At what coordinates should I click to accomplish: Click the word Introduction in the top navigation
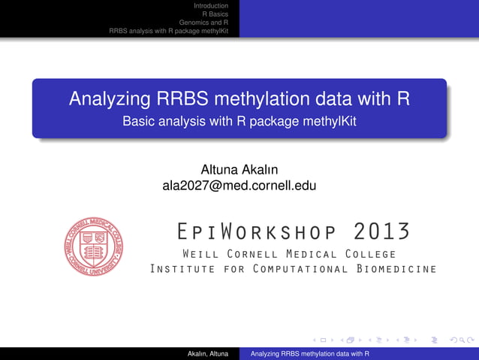tap(211, 6)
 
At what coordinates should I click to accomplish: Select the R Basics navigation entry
tap(215, 14)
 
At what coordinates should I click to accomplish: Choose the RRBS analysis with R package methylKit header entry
tap(168, 32)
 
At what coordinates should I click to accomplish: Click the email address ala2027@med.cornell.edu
tap(239, 185)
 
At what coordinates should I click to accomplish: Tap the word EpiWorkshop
tap(248, 230)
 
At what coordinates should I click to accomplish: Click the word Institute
tap(183, 269)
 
